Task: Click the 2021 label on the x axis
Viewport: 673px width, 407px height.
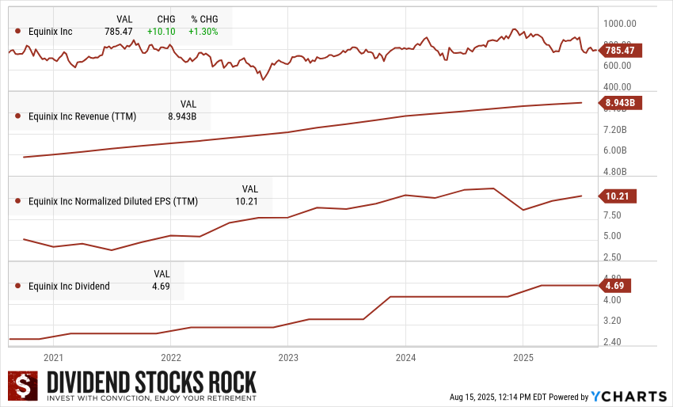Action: pyautogui.click(x=54, y=358)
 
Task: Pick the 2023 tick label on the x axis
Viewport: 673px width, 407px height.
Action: pyautogui.click(x=288, y=358)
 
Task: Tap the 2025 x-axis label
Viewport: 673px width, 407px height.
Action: pyautogui.click(x=523, y=358)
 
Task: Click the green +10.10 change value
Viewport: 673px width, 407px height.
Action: pyautogui.click(x=161, y=31)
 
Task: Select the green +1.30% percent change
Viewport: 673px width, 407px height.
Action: pyautogui.click(x=204, y=31)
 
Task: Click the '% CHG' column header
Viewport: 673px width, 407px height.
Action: pyautogui.click(x=204, y=18)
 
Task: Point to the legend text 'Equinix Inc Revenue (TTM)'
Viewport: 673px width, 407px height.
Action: pyautogui.click(x=82, y=116)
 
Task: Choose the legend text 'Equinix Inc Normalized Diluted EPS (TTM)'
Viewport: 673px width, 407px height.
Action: pyautogui.click(x=113, y=201)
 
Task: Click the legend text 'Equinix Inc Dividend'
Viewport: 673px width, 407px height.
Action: pyautogui.click(x=69, y=286)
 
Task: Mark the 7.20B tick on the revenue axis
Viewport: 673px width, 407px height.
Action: pyautogui.click(x=615, y=129)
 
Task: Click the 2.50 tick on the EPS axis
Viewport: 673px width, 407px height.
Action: pyautogui.click(x=611, y=257)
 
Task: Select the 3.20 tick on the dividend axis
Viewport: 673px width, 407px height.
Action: pyautogui.click(x=611, y=321)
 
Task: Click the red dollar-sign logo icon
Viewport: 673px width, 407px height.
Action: pyautogui.click(x=23, y=386)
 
